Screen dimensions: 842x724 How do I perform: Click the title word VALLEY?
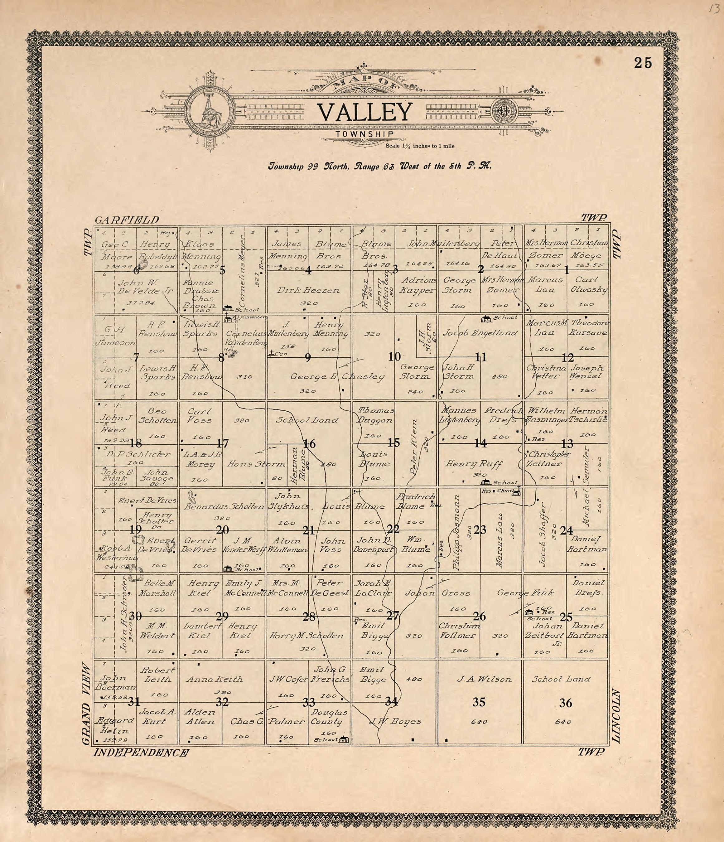(364, 113)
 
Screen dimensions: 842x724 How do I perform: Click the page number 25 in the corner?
(643, 63)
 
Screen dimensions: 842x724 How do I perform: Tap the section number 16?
(310, 444)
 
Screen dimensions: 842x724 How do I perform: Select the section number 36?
(566, 702)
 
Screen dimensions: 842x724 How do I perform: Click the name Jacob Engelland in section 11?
(480, 333)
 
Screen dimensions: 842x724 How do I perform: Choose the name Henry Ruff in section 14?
(474, 463)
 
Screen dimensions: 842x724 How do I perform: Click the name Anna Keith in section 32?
(214, 679)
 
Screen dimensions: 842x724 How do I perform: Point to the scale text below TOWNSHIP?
(420, 146)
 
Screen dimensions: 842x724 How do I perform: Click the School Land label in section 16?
(307, 420)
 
